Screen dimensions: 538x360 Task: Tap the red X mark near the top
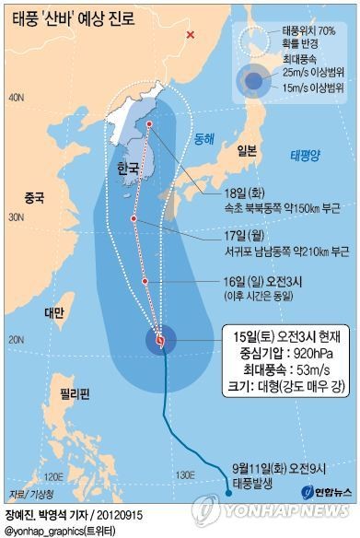(x=191, y=35)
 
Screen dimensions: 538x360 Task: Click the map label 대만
(x=54, y=312)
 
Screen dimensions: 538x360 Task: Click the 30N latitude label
(x=16, y=217)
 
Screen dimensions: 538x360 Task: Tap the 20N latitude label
(x=16, y=340)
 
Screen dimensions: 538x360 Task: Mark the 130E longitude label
(x=188, y=475)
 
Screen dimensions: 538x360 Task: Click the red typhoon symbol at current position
(x=160, y=340)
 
